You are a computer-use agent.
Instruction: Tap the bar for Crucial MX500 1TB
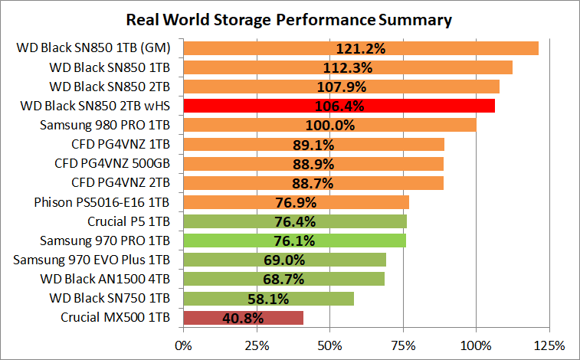click(244, 317)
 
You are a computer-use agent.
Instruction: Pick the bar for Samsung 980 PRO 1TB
click(329, 125)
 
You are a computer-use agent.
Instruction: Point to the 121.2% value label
click(360, 49)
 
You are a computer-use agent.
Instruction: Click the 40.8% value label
click(244, 317)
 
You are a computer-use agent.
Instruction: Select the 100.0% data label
click(329, 125)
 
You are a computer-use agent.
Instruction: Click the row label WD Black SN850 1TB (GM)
click(93, 48)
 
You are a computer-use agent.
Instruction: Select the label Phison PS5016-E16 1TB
click(103, 202)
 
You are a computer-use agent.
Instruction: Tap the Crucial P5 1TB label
click(129, 221)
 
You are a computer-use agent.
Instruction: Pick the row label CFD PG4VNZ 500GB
click(113, 163)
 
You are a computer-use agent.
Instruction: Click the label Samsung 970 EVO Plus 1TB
click(92, 260)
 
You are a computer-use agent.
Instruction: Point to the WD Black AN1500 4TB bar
click(284, 279)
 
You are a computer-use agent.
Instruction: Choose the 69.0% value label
click(284, 260)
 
